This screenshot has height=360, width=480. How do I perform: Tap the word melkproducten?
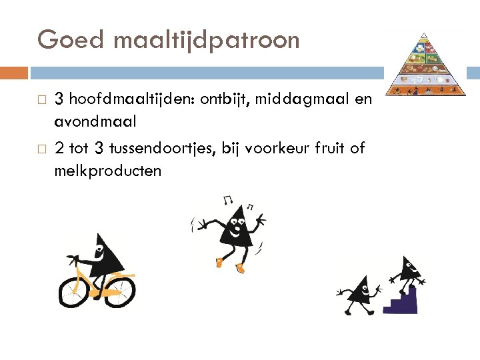coord(108,171)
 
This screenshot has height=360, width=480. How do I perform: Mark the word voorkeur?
coord(273,148)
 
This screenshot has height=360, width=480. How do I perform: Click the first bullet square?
coord(42,100)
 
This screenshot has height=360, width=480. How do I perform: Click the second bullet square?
coord(42,149)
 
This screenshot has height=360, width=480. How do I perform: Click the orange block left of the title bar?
coord(14,73)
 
